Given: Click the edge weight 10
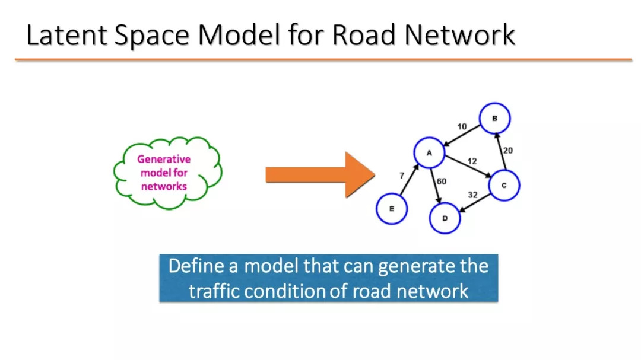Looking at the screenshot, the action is click(x=462, y=127).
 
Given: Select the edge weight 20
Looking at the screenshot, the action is click(x=507, y=151).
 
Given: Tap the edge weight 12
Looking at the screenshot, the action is click(x=472, y=161).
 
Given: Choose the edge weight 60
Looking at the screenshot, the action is click(x=442, y=181).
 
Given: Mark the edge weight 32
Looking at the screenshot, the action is click(x=472, y=195).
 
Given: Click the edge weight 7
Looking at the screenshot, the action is click(x=402, y=176).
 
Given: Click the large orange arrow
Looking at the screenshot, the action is click(x=320, y=175).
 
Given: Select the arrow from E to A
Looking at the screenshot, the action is click(x=409, y=179).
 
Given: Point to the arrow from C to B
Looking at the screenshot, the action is click(x=501, y=151).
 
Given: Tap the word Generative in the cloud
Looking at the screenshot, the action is click(x=164, y=160).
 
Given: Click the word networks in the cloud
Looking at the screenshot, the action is click(x=164, y=186).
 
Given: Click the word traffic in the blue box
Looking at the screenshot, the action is click(x=214, y=291).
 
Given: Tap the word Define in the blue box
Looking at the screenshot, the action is click(x=196, y=266).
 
